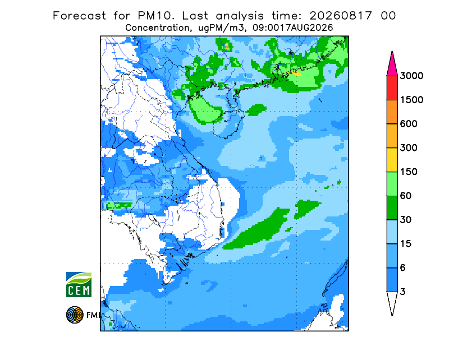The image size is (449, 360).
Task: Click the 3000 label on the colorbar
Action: coord(411,76)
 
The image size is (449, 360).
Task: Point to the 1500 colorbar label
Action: coord(411,100)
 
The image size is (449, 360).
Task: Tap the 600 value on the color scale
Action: coord(409,124)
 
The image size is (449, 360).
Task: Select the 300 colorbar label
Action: coord(409,147)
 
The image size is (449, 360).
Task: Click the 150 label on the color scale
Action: coord(409,172)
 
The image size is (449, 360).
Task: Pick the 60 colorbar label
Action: coord(406,196)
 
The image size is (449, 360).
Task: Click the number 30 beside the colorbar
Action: coord(406,220)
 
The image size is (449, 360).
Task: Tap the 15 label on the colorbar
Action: coord(406,244)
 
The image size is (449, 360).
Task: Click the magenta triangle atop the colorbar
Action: coord(392,66)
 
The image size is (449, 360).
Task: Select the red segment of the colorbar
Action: coord(392,88)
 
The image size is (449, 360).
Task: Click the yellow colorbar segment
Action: coord(392,160)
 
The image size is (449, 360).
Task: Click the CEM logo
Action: coord(79,284)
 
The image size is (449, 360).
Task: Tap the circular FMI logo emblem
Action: coord(75,315)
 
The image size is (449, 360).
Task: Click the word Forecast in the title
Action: coord(79,16)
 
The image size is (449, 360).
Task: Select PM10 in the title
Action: coord(156,16)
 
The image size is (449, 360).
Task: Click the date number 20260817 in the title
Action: coord(341,16)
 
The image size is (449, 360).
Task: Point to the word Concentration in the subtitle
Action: coord(157,28)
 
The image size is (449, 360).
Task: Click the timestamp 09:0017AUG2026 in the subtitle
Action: coord(293,28)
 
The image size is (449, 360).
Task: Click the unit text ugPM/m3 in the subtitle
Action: coord(221,28)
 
